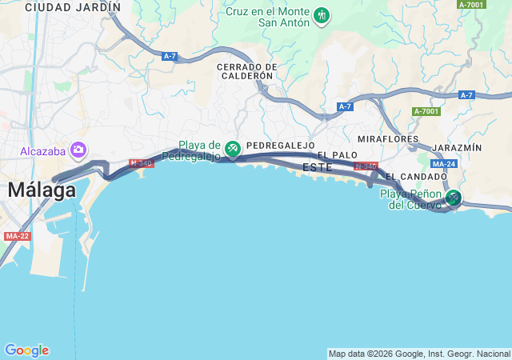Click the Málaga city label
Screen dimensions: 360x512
pos(42,190)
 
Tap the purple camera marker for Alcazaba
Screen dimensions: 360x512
pos(78,150)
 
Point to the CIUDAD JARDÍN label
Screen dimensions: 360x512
pos(73,7)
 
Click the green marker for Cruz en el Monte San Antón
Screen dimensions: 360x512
pos(322,15)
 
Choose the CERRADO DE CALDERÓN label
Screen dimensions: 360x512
pos(246,71)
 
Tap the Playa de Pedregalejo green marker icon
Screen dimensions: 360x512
pos(233,149)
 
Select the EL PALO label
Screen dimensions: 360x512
pos(337,154)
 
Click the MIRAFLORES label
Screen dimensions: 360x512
pos(388,139)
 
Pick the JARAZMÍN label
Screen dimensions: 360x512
pos(456,148)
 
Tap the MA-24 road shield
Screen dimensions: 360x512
pos(443,164)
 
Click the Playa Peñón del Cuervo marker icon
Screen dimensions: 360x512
pos(454,198)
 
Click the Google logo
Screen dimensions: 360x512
pos(26,350)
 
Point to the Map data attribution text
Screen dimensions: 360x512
pos(419,354)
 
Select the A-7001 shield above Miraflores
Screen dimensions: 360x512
pos(426,111)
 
